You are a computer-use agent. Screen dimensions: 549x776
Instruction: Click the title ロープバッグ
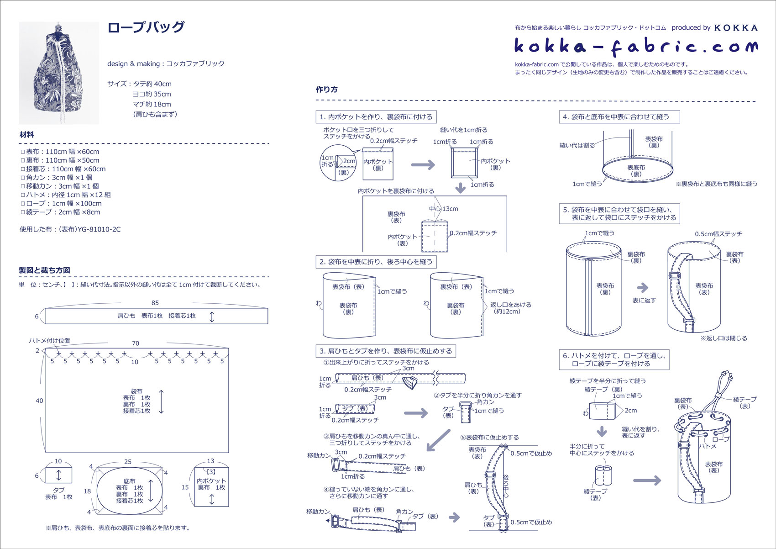pos(146,27)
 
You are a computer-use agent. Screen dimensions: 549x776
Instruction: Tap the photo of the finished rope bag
pos(59,73)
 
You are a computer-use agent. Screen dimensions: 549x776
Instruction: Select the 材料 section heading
pos(26,135)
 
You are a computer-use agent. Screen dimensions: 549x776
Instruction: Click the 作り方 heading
pos(326,90)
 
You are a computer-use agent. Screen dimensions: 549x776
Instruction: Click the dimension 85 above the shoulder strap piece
pos(155,303)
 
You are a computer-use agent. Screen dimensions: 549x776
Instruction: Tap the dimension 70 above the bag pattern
pos(136,343)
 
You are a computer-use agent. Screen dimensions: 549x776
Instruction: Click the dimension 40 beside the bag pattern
pos(39,401)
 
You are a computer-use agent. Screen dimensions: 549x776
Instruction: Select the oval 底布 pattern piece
pos(130,491)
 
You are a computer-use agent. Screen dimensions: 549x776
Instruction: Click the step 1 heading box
pos(376,117)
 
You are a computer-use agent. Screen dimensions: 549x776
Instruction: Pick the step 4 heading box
pos(619,117)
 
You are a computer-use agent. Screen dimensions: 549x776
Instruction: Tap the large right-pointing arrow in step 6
pos(647,480)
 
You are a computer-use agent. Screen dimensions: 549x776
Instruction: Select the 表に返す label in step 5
pos(644,300)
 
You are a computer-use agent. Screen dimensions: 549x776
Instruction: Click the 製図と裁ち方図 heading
pos(44,270)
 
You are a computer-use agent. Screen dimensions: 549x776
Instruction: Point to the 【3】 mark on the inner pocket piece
pos(211,471)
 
